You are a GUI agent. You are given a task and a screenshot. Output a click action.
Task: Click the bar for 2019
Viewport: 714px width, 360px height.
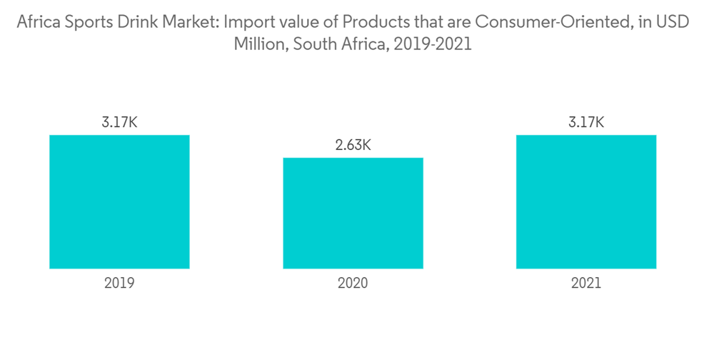point(119,201)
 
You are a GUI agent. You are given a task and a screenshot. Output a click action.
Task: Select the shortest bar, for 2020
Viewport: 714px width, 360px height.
point(353,213)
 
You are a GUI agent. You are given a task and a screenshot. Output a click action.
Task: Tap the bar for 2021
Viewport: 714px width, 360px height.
point(585,201)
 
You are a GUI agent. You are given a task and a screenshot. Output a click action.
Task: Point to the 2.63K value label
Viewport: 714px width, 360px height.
point(353,146)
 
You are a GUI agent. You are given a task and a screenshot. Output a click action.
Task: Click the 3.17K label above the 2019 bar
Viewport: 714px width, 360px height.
point(119,123)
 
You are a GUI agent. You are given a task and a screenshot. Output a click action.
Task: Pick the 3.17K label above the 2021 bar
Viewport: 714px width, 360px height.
point(585,123)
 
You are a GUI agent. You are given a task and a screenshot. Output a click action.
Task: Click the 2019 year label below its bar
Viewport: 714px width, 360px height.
point(119,283)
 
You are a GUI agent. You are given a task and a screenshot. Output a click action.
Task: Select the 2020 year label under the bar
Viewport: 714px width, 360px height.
point(353,283)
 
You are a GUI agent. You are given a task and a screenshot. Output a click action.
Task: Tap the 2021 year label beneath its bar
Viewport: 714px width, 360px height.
point(585,283)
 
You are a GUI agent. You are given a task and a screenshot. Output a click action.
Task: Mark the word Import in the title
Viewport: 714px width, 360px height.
point(246,21)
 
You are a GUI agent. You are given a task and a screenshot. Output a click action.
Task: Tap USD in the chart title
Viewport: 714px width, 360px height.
point(674,21)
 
